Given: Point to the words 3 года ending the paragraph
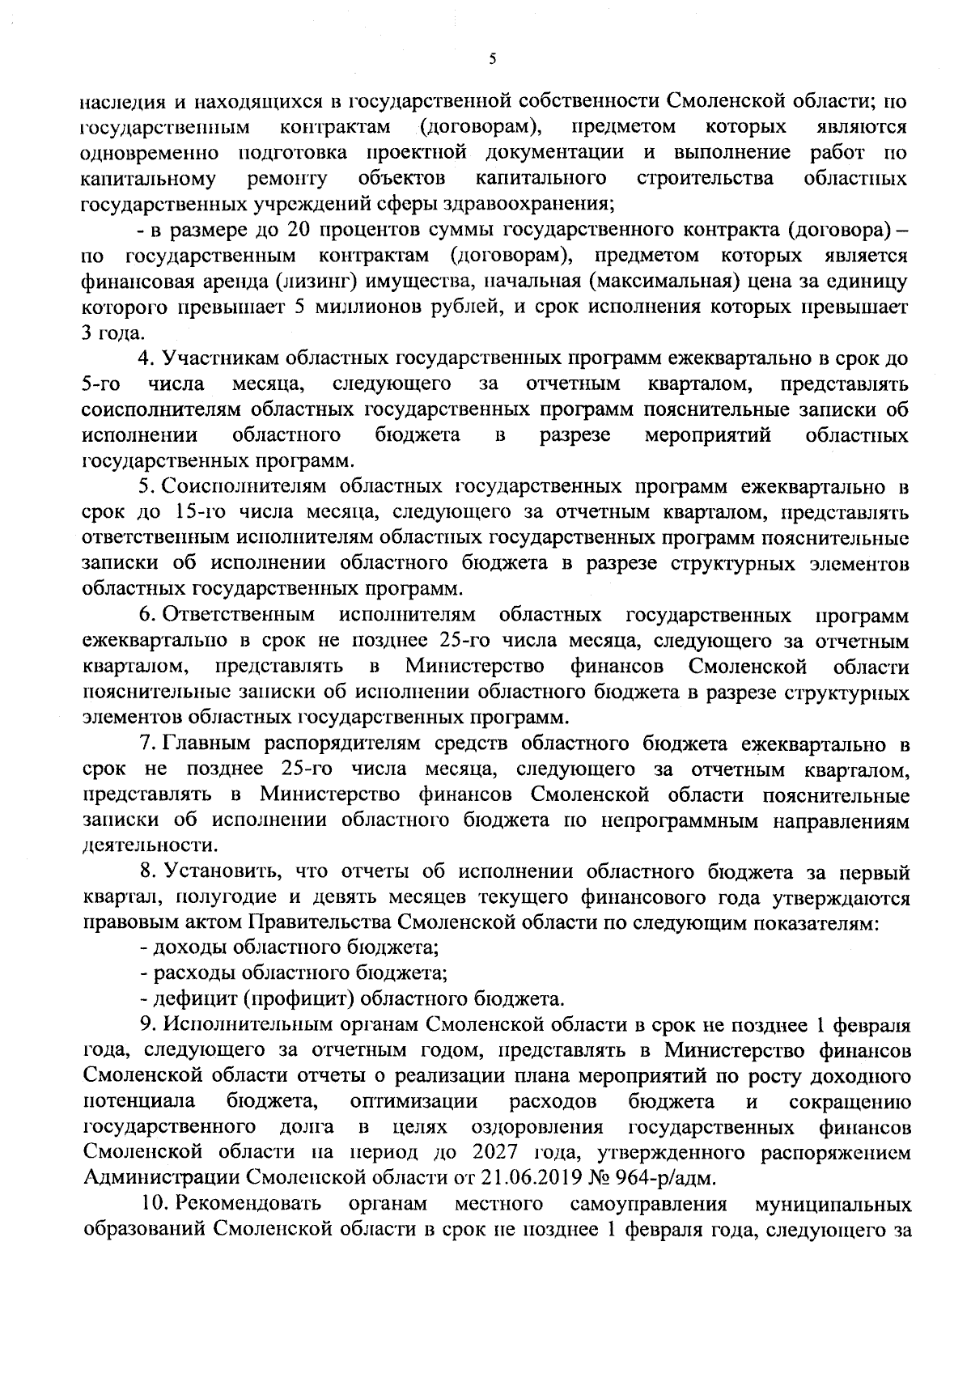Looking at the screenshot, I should pyautogui.click(x=113, y=333).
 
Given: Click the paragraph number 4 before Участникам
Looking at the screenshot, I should pyautogui.click(x=146, y=358).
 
